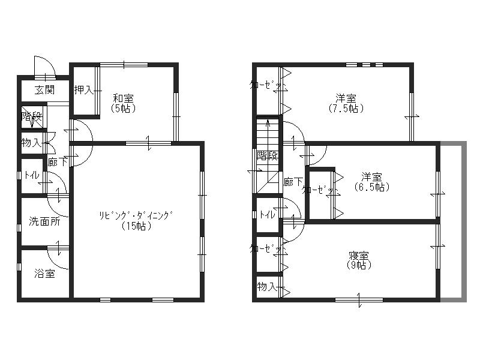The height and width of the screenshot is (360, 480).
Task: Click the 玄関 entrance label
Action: pyautogui.click(x=43, y=90)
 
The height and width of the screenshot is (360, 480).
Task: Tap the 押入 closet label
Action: pyautogui.click(x=83, y=90)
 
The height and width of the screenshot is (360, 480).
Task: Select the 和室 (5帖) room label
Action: pyautogui.click(x=123, y=103)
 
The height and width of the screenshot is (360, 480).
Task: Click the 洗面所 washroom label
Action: pyautogui.click(x=44, y=221)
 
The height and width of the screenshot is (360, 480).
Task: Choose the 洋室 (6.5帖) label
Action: pyautogui.click(x=372, y=181)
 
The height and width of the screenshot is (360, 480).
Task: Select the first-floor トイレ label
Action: pyautogui.click(x=31, y=176)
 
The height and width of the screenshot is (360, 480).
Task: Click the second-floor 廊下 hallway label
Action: pyautogui.click(x=292, y=181)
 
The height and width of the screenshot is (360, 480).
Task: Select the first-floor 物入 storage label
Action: pyautogui.click(x=31, y=143)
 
